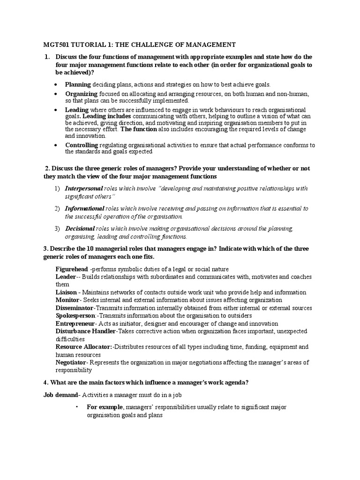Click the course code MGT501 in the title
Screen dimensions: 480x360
(x=50, y=45)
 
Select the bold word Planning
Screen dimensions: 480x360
(x=78, y=84)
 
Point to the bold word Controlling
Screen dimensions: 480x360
(x=82, y=145)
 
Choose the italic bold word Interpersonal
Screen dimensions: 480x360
(x=84, y=188)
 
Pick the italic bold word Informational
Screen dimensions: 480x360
(x=84, y=209)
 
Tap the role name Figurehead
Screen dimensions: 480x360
(x=72, y=269)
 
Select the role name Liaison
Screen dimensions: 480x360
(x=67, y=292)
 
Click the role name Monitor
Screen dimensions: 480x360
(x=68, y=300)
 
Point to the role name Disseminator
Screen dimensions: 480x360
(x=75, y=308)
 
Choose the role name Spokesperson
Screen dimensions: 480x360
(x=75, y=315)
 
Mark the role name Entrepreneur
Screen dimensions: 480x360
(x=75, y=323)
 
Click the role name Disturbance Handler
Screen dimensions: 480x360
(x=85, y=331)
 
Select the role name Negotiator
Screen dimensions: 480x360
(x=71, y=362)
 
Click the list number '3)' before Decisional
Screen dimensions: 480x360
(x=57, y=229)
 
